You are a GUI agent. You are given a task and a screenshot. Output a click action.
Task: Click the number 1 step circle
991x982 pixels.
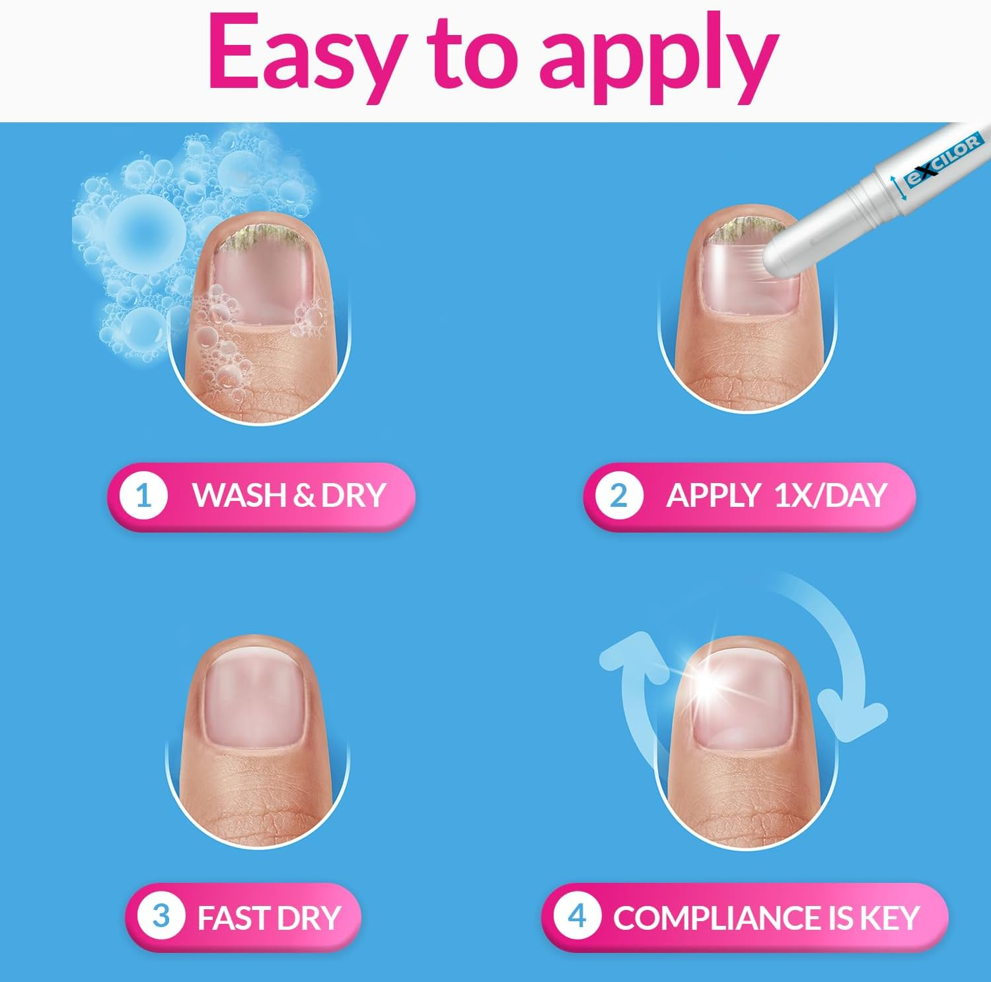click(143, 495)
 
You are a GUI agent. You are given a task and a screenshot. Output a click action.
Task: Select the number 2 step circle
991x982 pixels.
click(618, 495)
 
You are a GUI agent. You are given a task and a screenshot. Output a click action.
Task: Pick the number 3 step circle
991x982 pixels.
click(161, 917)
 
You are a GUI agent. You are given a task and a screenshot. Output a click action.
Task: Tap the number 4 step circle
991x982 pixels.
click(577, 917)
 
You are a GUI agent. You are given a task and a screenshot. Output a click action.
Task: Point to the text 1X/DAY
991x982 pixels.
click(830, 495)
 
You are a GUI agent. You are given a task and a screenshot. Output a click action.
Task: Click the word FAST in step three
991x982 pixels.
click(233, 918)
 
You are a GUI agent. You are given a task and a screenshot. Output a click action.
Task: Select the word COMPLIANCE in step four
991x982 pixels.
click(716, 918)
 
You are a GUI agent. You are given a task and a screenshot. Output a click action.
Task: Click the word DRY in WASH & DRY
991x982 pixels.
click(353, 495)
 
